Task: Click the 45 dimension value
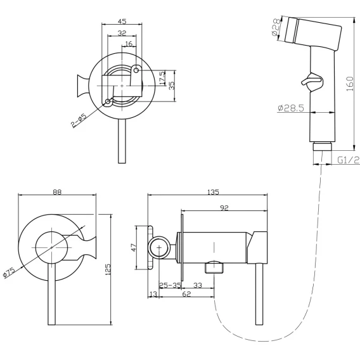[x=122, y=21]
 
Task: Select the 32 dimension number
[x=122, y=33]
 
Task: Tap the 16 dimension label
[x=129, y=44]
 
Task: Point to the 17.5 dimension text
[x=162, y=77]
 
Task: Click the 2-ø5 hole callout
[x=79, y=120]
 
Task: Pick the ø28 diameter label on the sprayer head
[x=276, y=27]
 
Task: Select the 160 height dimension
[x=350, y=84]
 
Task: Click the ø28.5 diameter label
[x=291, y=108]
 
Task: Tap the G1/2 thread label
[x=348, y=160]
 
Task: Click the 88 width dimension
[x=57, y=191]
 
